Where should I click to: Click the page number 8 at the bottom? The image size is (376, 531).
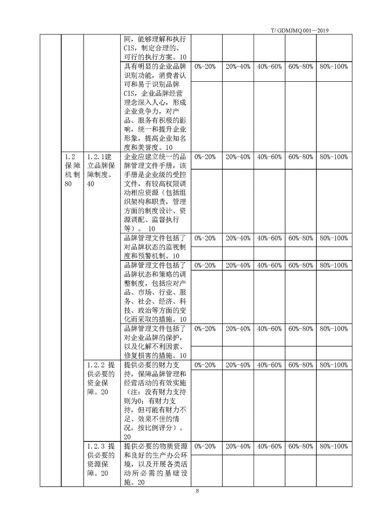point(197,491)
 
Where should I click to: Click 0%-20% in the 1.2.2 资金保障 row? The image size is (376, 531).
point(205,365)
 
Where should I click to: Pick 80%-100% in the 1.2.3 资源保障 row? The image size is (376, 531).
point(334,446)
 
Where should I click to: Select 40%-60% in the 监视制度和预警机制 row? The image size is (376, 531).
point(269,238)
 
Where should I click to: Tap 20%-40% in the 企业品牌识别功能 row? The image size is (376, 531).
point(238,66)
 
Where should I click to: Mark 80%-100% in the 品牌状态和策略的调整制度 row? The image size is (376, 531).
point(334,265)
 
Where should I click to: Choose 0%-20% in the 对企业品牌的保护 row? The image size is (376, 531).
point(205,329)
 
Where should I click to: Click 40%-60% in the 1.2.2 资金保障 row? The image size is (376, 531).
point(269,365)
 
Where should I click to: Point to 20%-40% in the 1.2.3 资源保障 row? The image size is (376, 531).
point(238,446)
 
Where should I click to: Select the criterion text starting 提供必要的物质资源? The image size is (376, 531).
point(155,464)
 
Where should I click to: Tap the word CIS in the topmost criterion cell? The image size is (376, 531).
point(130,49)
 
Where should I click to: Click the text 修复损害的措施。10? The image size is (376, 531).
point(155,356)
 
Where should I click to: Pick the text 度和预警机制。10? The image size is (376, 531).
point(152,256)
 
